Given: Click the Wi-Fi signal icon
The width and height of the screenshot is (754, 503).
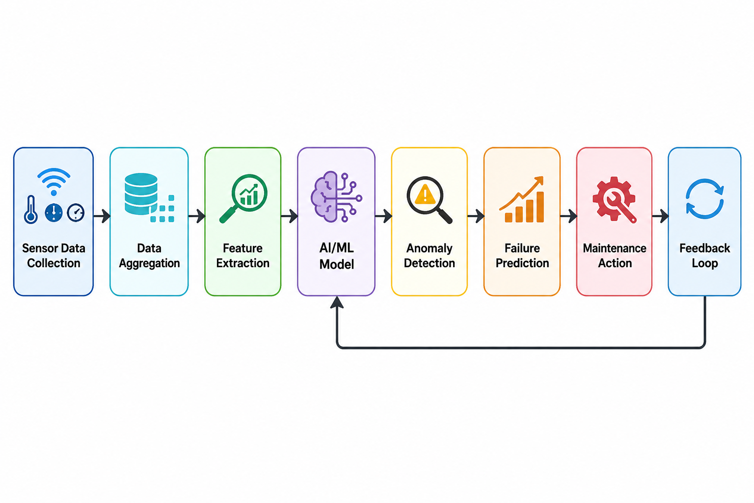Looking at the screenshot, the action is click(x=54, y=182).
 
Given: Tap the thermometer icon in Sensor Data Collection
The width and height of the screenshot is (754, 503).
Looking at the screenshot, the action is click(x=30, y=210).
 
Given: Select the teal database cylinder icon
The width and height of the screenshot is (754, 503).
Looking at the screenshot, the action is click(x=141, y=194).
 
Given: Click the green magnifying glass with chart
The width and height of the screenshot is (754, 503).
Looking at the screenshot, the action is click(x=243, y=198).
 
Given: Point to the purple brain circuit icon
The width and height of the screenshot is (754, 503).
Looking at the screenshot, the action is click(x=336, y=197).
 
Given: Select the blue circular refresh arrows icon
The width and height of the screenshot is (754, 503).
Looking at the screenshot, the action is click(x=704, y=199).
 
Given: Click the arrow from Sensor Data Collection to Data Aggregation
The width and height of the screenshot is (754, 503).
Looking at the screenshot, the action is click(x=102, y=216).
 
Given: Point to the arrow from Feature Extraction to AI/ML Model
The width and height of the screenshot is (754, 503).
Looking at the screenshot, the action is click(x=290, y=216).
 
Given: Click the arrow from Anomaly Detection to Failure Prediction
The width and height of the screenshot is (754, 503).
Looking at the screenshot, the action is click(x=476, y=216).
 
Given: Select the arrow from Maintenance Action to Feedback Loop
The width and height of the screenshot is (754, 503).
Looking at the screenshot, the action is click(x=660, y=216).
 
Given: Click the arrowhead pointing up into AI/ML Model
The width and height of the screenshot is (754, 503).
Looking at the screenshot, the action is click(x=337, y=302).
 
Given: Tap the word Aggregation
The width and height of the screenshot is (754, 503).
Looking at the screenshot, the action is click(x=149, y=263).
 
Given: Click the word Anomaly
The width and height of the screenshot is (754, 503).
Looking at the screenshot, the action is click(x=429, y=249).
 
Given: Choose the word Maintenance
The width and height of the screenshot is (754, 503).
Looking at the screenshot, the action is click(x=615, y=248).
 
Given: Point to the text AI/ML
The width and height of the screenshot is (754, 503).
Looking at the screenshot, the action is click(x=337, y=248).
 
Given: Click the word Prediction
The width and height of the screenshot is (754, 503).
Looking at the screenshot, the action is click(x=522, y=263).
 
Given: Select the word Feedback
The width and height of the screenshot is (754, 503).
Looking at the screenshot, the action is click(x=705, y=248).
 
